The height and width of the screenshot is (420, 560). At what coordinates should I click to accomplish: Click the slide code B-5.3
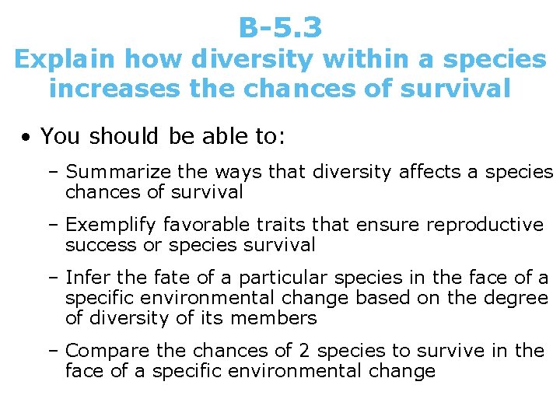280,28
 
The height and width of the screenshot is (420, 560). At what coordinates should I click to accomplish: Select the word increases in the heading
114,89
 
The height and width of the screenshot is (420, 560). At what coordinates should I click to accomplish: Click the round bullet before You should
26,138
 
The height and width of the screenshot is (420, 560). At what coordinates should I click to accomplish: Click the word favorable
205,226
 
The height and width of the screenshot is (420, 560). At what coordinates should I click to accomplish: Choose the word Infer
86,278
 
